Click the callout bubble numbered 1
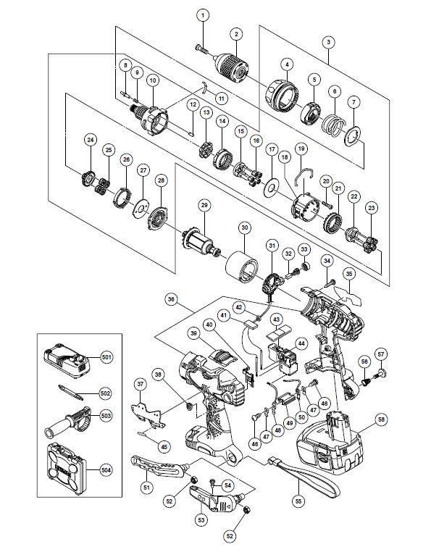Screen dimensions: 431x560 coord(203,15)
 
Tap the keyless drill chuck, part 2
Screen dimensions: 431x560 coord(230,66)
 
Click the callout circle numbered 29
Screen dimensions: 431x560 coord(204,205)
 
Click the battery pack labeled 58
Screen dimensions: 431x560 coord(328,443)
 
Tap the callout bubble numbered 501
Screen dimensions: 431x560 coord(106,356)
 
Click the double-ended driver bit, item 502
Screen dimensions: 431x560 coord(71,393)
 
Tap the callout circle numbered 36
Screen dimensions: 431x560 coord(172,299)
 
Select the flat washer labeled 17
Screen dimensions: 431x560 coord(270,187)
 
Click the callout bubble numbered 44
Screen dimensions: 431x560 coord(302,343)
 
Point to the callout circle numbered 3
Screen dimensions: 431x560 coord(329,42)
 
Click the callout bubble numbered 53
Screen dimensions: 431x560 coord(201,519)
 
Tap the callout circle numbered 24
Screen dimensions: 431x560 coord(91,140)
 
